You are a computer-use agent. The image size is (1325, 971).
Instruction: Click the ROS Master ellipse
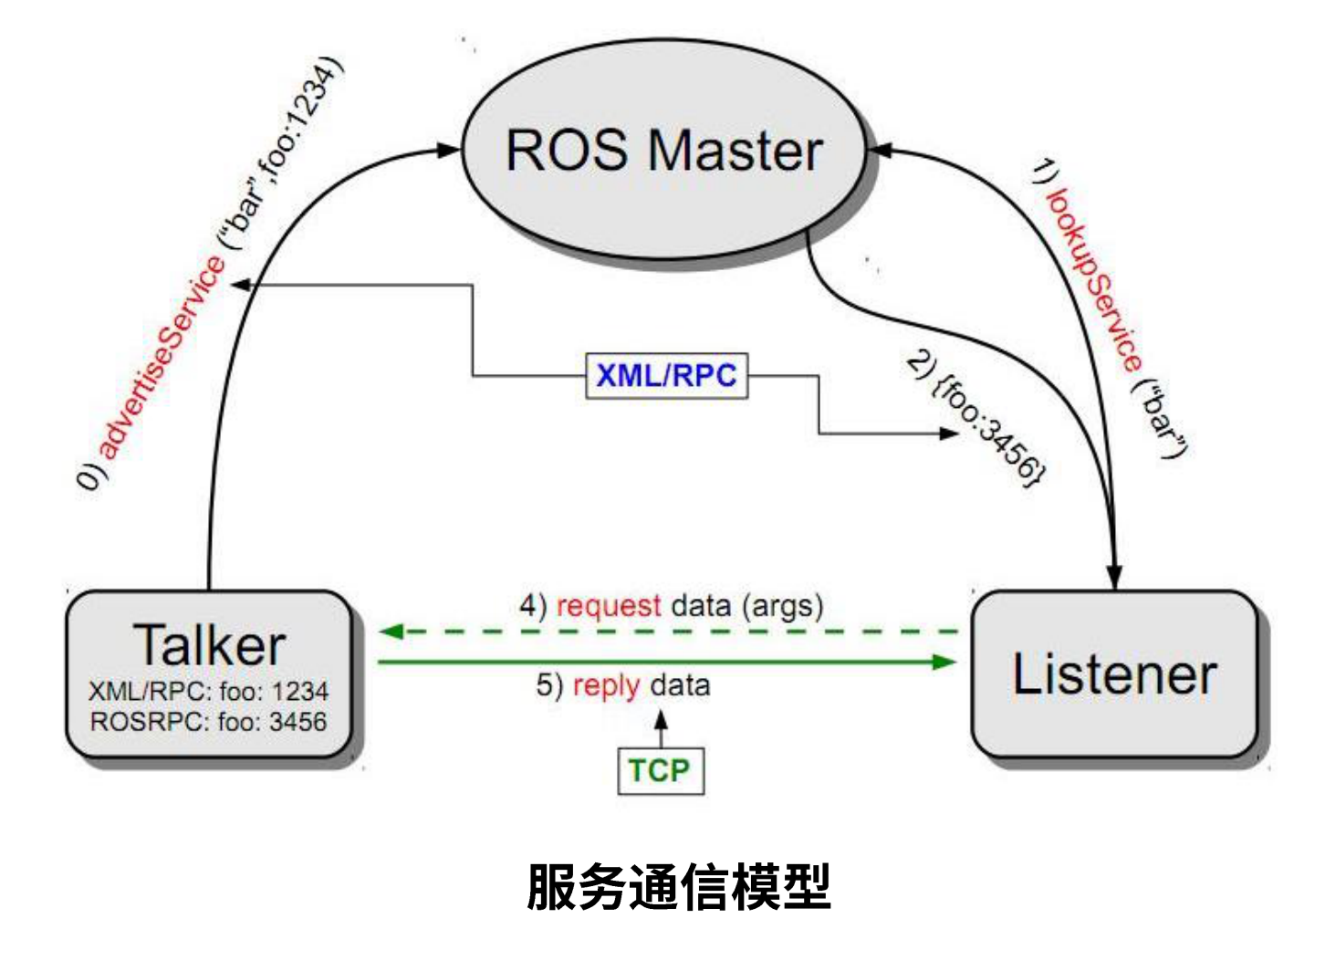tap(663, 151)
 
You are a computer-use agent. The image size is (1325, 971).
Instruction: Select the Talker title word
tap(209, 645)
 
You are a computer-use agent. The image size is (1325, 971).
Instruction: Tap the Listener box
tap(1114, 673)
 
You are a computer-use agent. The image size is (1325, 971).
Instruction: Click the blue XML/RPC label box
tap(666, 375)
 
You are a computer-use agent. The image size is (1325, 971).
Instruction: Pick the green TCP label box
tap(660, 771)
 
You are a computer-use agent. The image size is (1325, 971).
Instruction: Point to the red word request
tap(609, 606)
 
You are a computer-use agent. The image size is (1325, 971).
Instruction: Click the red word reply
tap(606, 685)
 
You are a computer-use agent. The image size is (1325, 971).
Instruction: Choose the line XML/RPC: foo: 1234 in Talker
tap(208, 691)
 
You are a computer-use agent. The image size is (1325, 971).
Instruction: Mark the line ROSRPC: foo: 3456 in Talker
tap(208, 722)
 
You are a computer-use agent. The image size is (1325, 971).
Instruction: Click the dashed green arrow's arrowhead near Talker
tap(391, 632)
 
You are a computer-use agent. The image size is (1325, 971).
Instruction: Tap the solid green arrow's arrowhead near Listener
tap(944, 662)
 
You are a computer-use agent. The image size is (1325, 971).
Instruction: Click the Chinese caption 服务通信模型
tap(678, 887)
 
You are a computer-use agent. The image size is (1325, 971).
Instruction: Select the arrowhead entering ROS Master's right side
tap(878, 150)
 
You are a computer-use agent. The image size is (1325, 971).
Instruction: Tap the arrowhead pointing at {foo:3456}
tap(949, 433)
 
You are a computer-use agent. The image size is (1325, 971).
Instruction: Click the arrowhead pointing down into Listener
tap(1114, 575)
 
